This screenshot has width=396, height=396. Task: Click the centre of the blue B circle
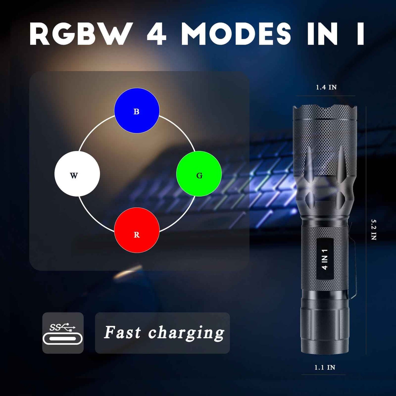tap(137, 110)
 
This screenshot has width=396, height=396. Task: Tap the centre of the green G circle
tap(199, 174)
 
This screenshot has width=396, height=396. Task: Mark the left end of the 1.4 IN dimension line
tap(296, 96)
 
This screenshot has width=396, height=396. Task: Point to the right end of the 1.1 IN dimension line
tap(346, 375)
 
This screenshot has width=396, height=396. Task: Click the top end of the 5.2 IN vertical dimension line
tap(366, 106)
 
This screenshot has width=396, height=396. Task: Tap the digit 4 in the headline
tap(156, 34)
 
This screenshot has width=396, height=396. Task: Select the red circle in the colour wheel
tap(137, 230)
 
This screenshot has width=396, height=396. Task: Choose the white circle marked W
tap(77, 174)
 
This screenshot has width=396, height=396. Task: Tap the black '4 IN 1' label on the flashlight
tap(325, 259)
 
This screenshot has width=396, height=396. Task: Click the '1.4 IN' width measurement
tap(326, 87)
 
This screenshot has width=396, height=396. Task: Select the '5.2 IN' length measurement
tap(374, 230)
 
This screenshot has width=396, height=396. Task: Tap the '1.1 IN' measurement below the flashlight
tap(325, 367)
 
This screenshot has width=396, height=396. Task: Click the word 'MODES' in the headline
tap(236, 34)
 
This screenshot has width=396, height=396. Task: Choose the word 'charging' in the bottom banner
tap(186, 333)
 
